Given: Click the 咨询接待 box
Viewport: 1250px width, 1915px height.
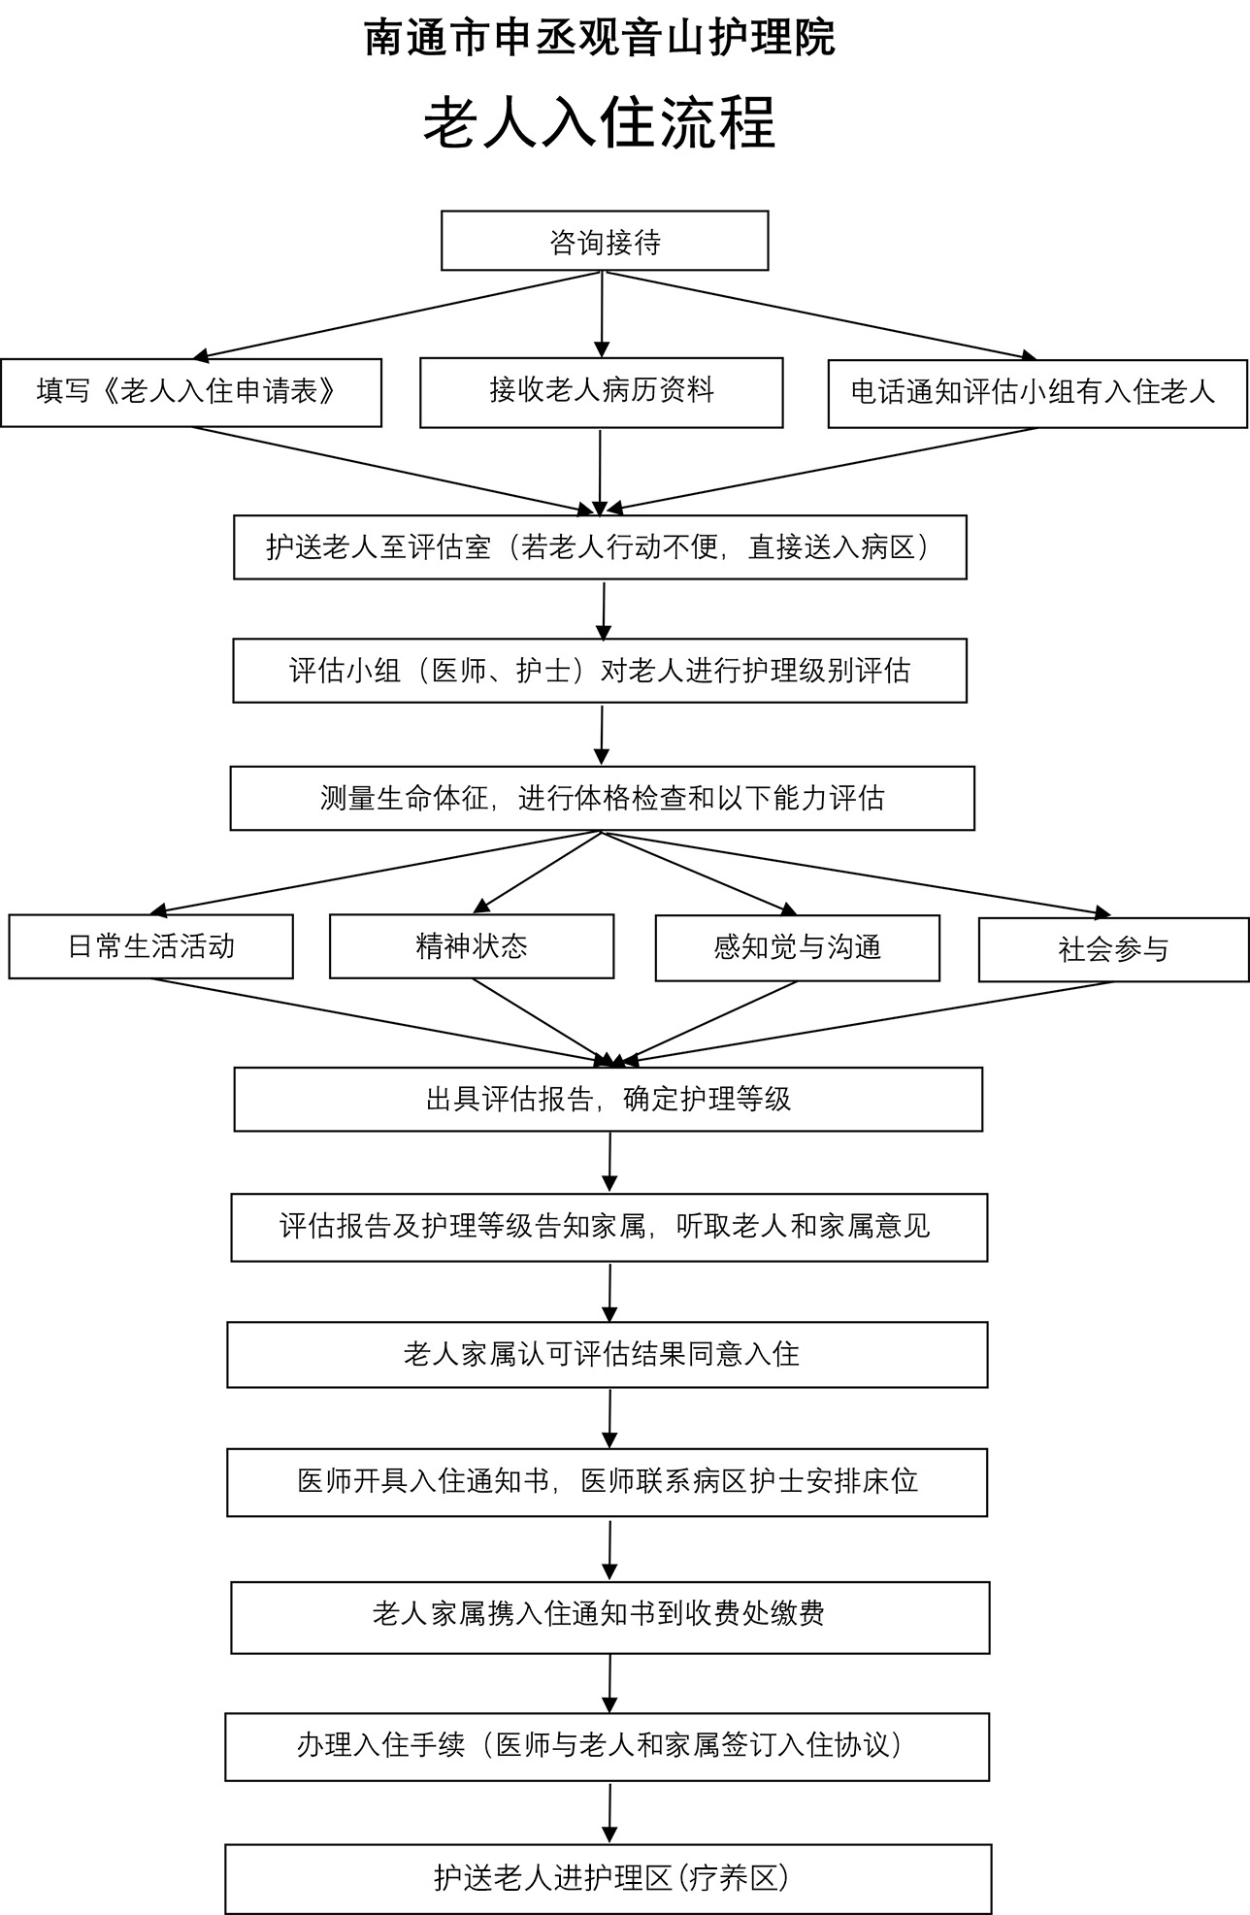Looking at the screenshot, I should pos(605,241).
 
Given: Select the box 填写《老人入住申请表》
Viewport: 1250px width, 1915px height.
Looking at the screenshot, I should pos(191,392).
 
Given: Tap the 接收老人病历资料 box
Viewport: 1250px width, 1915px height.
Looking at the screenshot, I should pos(601,392).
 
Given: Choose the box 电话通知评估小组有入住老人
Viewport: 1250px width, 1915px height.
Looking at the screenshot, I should pos(1036,393).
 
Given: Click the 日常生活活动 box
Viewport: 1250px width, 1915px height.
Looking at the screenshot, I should pos(150,946).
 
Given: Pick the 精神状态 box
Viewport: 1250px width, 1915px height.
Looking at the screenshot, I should pos(472,946).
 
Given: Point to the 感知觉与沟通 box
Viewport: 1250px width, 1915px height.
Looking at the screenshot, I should pos(797,947).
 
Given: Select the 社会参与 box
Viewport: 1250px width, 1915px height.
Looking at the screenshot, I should pos(1113,949).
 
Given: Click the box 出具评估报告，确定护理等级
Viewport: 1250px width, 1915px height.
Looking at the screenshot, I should pos(609,1099).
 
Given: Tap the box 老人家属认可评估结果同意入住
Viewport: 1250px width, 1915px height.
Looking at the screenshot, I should pos(608,1354).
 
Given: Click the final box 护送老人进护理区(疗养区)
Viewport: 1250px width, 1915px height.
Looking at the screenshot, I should pos(609,1878).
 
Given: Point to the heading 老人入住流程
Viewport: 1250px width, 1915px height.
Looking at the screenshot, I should pos(600,123).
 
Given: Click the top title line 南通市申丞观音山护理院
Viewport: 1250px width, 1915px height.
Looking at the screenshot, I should pos(600,39).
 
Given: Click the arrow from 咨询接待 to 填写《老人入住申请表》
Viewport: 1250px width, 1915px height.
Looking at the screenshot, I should pos(398,315).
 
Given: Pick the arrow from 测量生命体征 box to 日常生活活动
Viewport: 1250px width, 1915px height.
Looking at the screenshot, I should pos(378,874).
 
